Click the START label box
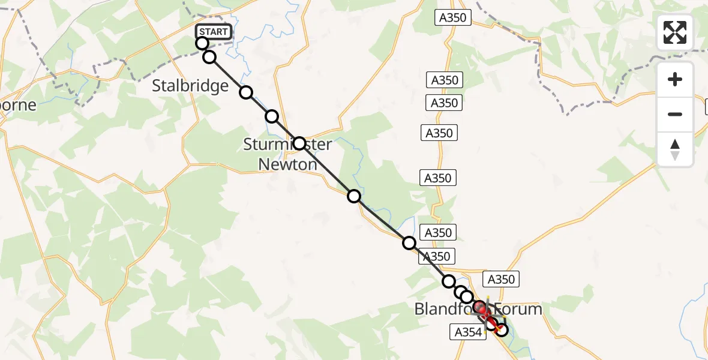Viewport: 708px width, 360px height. pos(214,32)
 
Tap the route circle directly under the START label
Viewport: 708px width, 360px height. pos(202,43)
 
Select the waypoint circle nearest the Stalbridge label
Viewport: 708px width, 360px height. pos(246,92)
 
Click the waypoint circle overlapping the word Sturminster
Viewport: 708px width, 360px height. pos(299,144)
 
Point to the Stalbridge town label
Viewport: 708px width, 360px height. pos(190,86)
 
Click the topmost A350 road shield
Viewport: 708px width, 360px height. pos(453,18)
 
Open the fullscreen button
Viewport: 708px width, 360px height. pos(675,32)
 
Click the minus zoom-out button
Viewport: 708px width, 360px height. pos(675,114)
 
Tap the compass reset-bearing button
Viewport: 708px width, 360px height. pos(675,149)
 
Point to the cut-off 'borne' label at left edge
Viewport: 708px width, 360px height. pos(18,105)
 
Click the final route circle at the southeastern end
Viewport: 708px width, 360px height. pos(501,329)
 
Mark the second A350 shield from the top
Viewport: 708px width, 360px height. pos(445,80)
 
